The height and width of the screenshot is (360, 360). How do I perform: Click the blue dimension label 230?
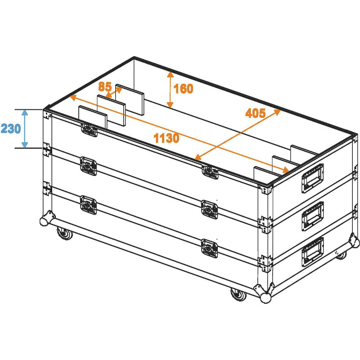(x=11, y=129)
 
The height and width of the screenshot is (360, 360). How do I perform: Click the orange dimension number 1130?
(x=166, y=138)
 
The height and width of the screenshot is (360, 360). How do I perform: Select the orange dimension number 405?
(x=255, y=113)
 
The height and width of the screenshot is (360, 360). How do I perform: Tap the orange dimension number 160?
(x=183, y=89)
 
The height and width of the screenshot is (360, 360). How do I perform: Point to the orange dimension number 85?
(x=105, y=87)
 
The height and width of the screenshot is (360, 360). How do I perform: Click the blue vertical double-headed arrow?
(x=25, y=129)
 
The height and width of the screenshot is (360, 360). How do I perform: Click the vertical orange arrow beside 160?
(x=170, y=90)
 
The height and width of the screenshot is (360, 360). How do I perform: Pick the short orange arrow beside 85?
(x=114, y=93)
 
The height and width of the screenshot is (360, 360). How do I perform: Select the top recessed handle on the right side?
(x=312, y=178)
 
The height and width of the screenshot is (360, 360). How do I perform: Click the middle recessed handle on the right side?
(x=312, y=216)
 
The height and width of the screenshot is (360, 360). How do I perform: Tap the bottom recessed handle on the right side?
(x=312, y=252)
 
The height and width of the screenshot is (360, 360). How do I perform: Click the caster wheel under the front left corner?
(x=65, y=233)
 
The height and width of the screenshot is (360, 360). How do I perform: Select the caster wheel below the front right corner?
(x=238, y=294)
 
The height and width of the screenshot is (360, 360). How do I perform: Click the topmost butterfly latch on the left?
(x=89, y=130)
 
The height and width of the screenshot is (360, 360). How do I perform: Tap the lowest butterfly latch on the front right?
(x=209, y=248)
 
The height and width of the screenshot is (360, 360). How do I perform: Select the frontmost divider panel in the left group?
(x=93, y=117)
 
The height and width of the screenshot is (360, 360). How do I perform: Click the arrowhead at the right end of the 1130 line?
(x=285, y=170)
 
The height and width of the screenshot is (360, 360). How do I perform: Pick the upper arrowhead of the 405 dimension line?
(x=277, y=112)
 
